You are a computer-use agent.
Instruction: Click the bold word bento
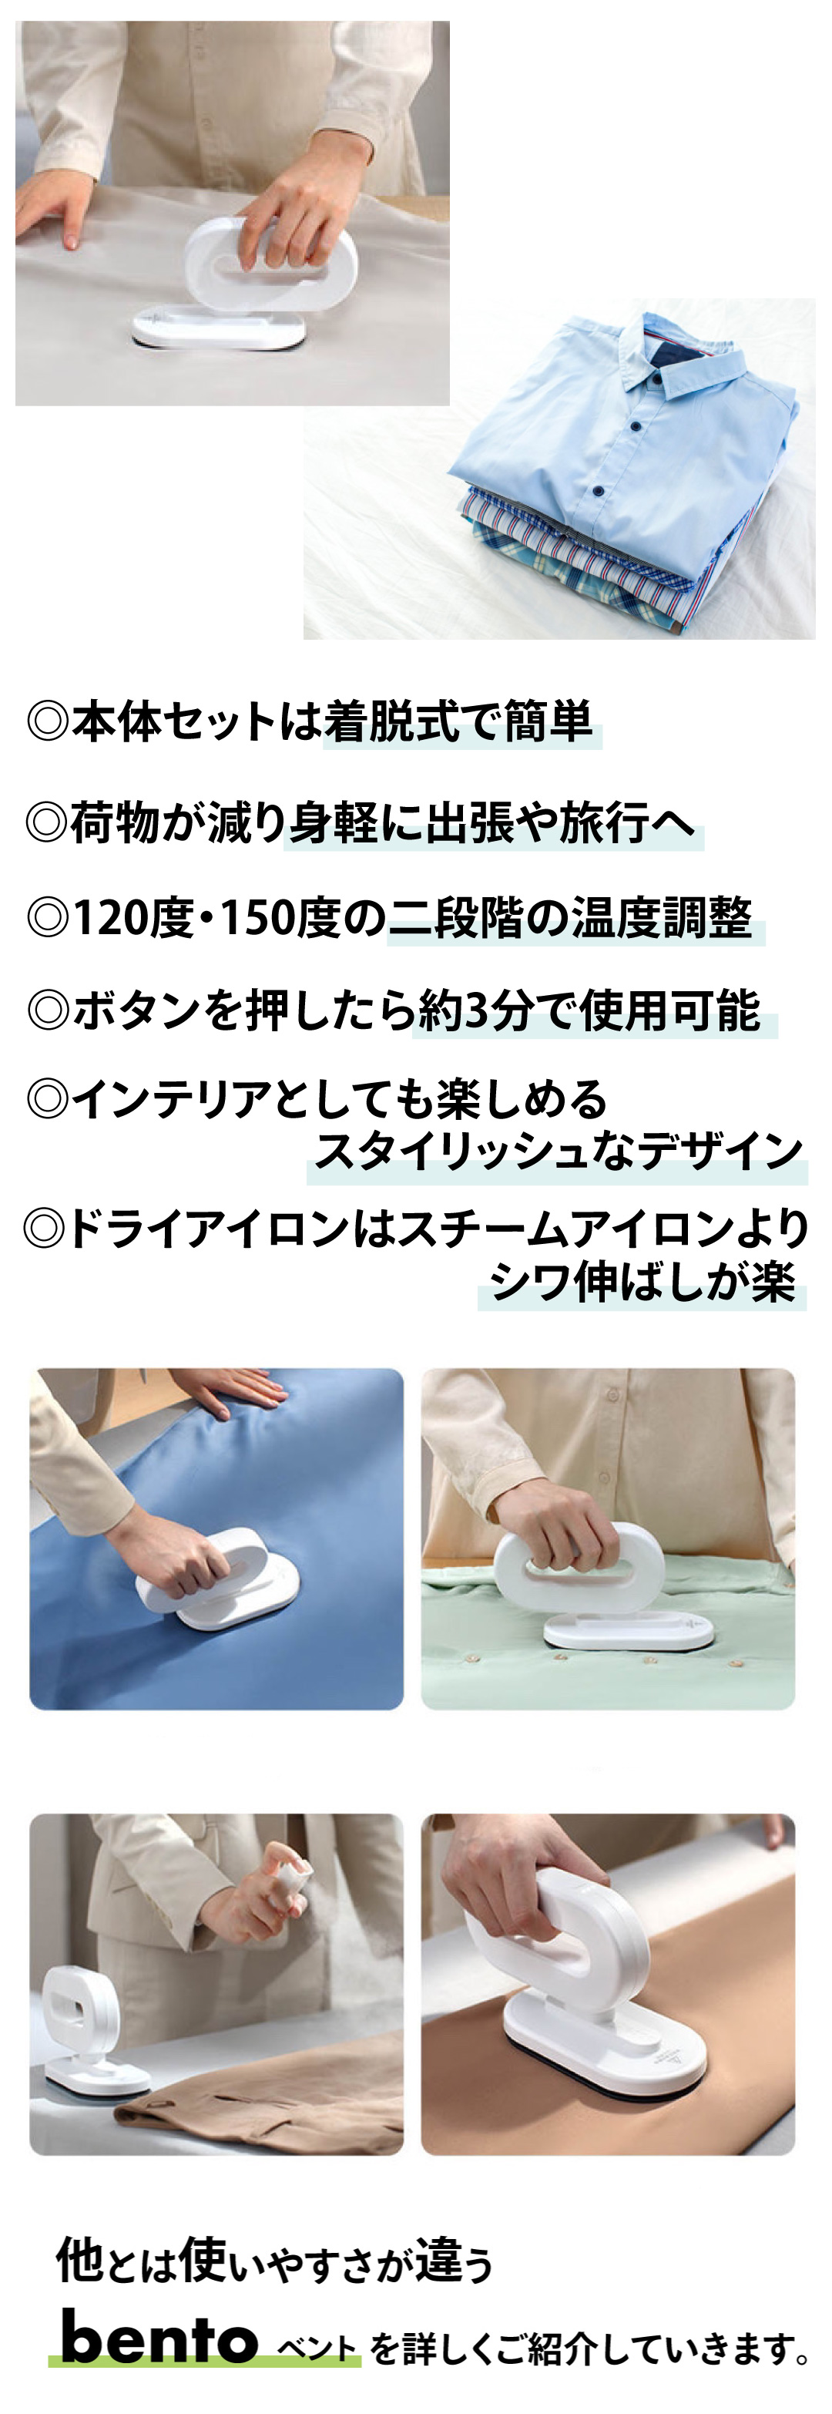[x=159, y=2338]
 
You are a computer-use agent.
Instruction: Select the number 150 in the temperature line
[x=256, y=919]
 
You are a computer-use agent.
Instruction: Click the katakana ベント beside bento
[x=316, y=2348]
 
